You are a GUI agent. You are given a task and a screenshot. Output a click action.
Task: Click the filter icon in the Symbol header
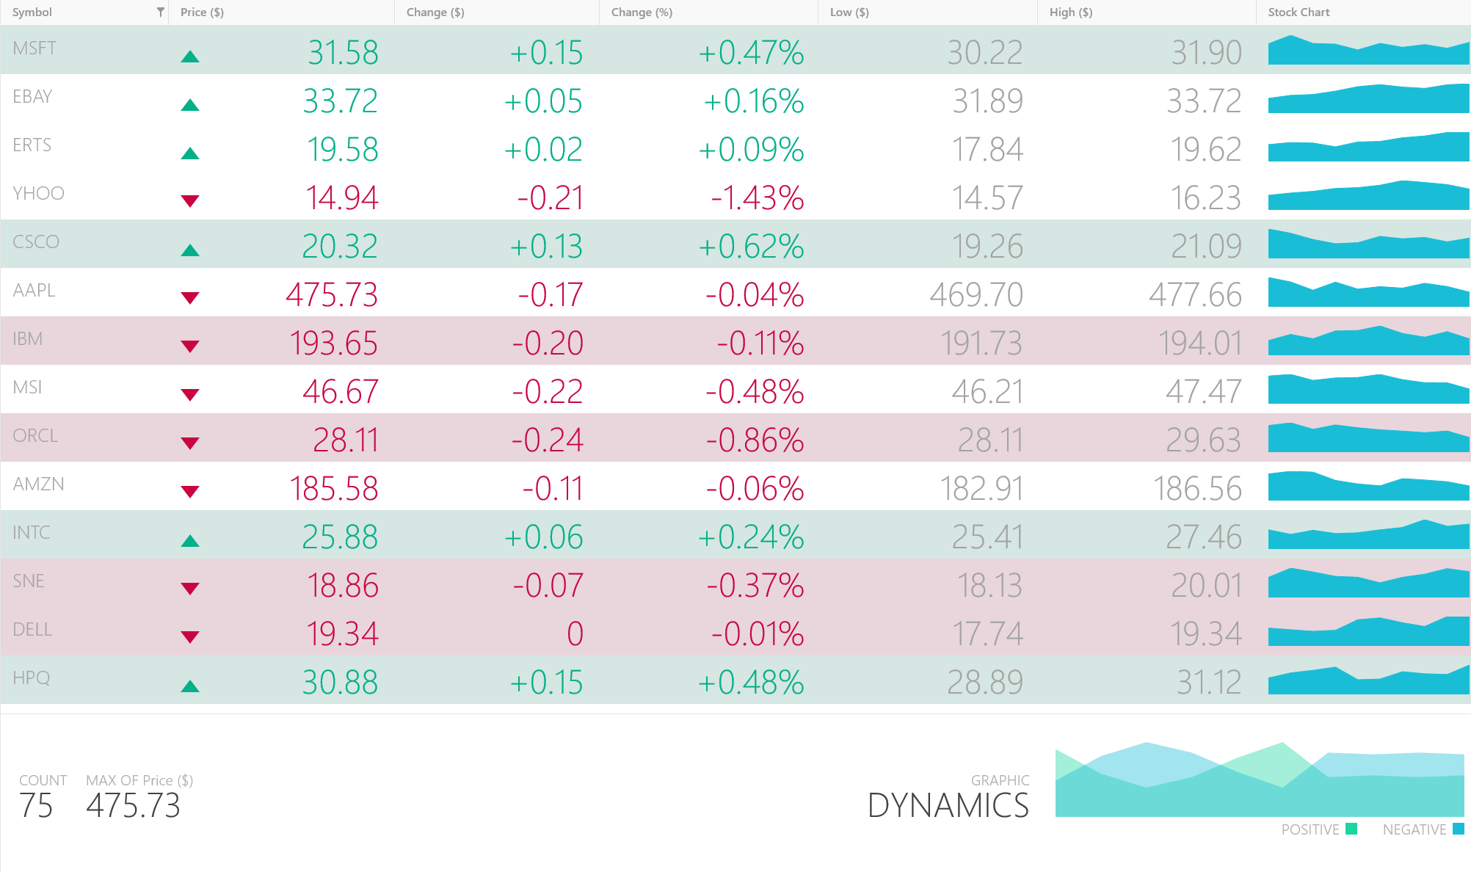[160, 12]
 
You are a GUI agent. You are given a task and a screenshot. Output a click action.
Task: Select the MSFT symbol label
[34, 48]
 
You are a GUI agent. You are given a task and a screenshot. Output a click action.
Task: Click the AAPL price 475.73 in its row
[332, 295]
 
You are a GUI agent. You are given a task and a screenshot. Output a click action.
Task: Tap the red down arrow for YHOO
[190, 200]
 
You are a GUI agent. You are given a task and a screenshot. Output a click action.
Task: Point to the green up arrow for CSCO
[190, 250]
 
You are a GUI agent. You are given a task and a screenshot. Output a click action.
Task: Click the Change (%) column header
[642, 12]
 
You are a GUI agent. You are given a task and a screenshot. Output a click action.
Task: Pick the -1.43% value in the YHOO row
[757, 198]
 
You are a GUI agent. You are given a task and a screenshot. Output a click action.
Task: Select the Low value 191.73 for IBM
[981, 344]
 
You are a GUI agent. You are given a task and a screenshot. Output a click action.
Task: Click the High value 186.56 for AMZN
[1197, 489]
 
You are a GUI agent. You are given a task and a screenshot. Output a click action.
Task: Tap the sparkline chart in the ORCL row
[1368, 437]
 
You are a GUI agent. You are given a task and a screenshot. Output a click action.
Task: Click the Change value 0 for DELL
[575, 634]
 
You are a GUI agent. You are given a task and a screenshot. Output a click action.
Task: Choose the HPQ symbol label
[32, 677]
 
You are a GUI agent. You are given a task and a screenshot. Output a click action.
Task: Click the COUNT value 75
[36, 806]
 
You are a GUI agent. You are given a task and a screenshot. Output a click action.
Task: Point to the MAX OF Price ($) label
[139, 780]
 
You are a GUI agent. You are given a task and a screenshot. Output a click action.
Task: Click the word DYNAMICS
[948, 806]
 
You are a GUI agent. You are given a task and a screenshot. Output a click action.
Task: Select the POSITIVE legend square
[1351, 829]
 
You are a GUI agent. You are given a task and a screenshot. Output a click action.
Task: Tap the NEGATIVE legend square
[1459, 829]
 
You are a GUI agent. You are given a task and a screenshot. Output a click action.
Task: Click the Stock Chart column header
[1299, 12]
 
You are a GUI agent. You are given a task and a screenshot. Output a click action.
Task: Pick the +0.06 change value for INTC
[543, 537]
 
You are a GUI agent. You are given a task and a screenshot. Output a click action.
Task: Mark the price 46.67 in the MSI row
[341, 392]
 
